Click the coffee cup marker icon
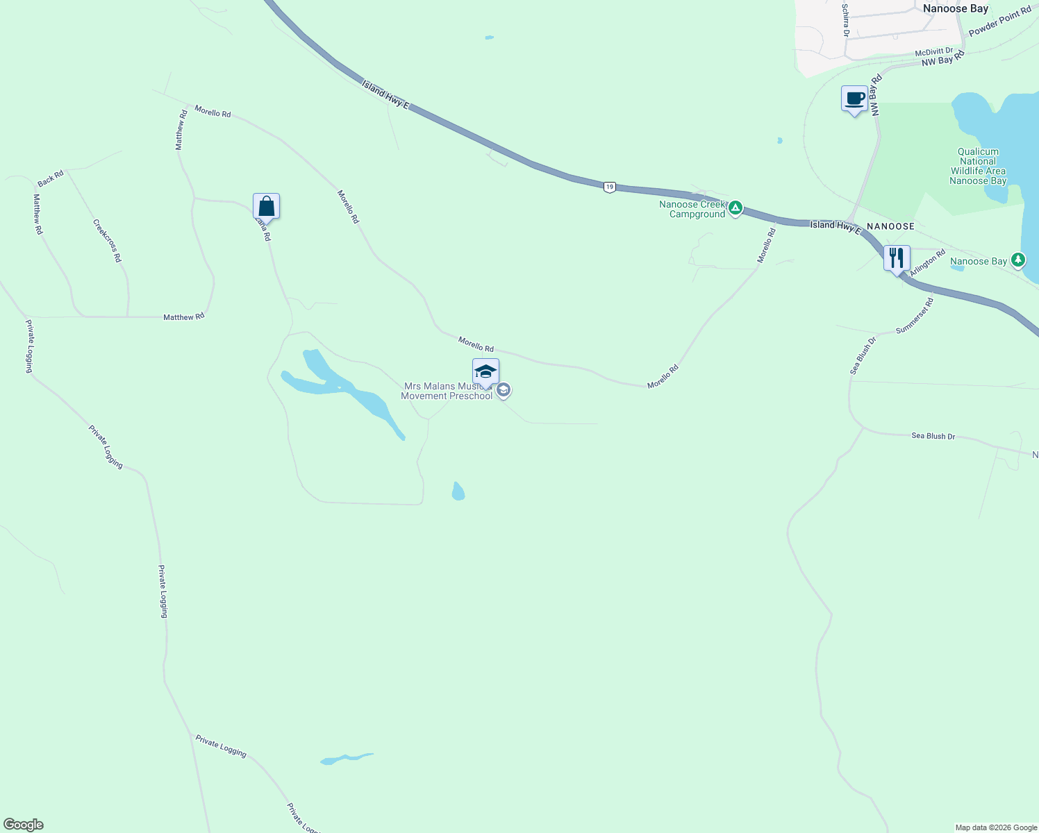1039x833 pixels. tap(854, 99)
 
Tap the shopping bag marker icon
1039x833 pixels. tap(266, 206)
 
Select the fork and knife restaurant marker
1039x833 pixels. tap(897, 258)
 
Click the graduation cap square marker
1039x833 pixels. tap(485, 372)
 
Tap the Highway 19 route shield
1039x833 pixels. tap(609, 187)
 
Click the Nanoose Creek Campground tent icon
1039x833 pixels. tap(735, 208)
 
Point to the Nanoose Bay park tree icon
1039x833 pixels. tap(1018, 260)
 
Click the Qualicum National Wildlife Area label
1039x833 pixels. tap(978, 166)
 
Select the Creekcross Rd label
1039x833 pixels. tap(108, 240)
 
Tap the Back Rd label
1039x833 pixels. tap(51, 178)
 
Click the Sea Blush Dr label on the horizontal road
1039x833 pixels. tap(933, 436)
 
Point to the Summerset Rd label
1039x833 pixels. tap(915, 316)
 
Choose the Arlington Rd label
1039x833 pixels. tap(927, 263)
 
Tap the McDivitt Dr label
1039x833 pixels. tap(934, 52)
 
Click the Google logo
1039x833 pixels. tap(23, 825)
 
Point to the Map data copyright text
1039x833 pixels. tap(995, 827)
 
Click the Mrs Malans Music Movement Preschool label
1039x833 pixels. tap(448, 391)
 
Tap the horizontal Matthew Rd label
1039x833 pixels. tap(183, 317)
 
